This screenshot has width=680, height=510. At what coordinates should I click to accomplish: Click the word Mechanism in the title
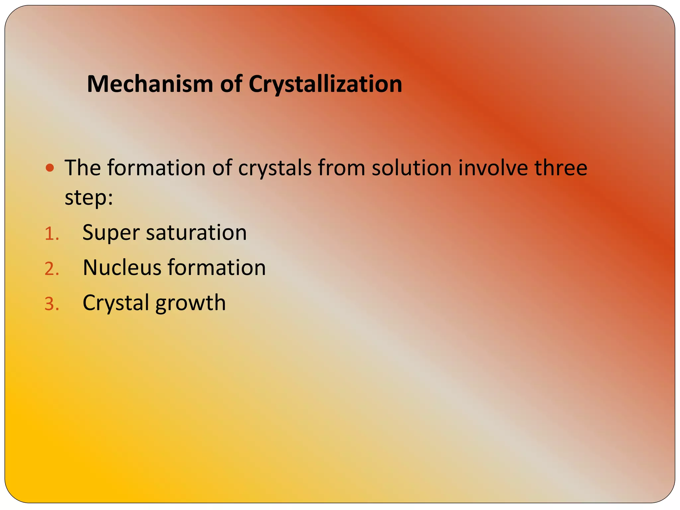[x=149, y=84]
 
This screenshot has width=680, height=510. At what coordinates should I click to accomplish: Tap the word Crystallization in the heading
[x=325, y=84]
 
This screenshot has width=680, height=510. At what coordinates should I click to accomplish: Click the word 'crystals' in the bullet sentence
[x=275, y=168]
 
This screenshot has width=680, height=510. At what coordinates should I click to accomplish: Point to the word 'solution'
[x=411, y=167]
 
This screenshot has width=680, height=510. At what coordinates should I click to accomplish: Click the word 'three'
[x=561, y=167]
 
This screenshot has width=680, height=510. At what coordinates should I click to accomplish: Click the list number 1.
[x=51, y=234]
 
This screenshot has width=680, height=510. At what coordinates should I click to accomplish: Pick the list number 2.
[x=51, y=269]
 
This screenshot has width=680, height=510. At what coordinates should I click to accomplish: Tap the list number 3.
[x=51, y=304]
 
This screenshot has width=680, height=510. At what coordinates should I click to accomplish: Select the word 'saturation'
[x=196, y=232]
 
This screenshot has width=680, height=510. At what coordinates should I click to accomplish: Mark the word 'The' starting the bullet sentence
[x=82, y=167]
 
